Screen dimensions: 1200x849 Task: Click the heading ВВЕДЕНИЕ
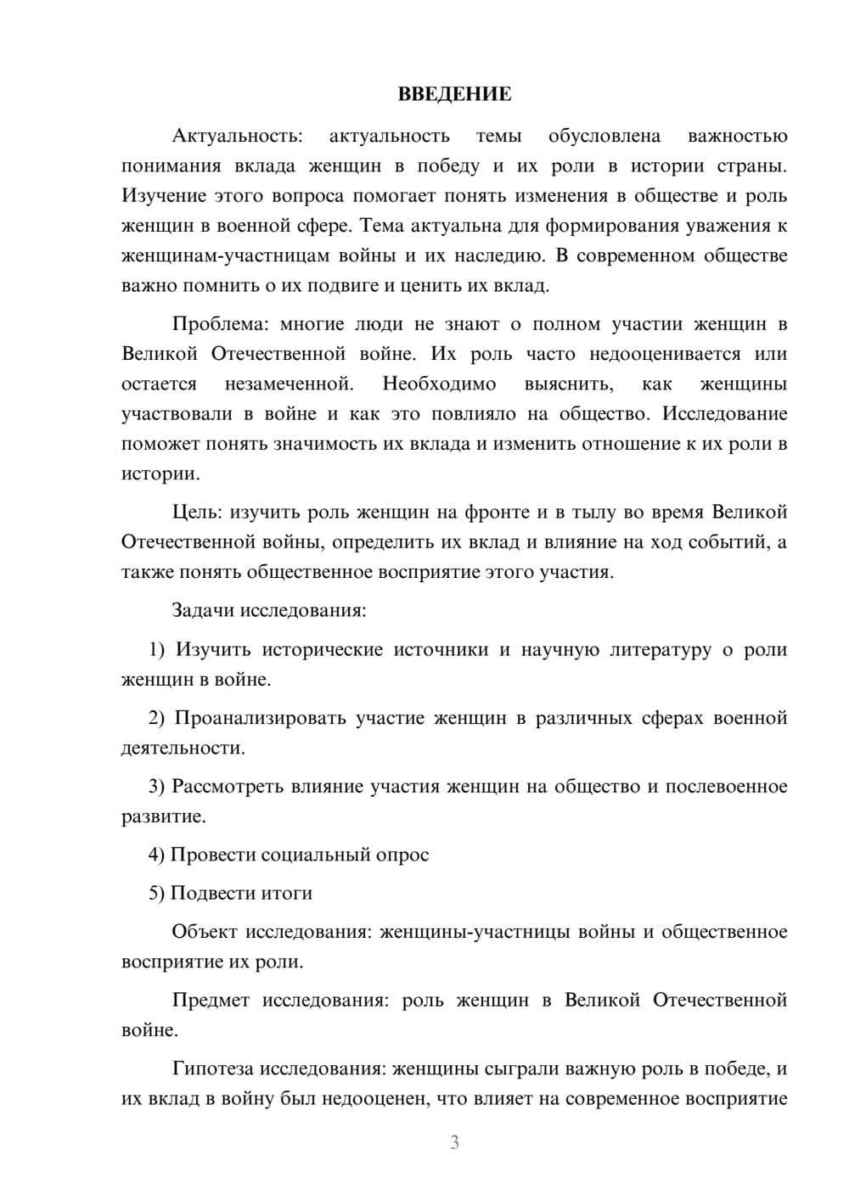tap(454, 94)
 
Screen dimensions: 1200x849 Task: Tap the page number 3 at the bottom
tap(454, 1142)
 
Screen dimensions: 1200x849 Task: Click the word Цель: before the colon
tap(199, 512)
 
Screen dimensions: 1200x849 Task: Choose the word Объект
tap(205, 932)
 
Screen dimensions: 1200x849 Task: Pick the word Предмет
tap(211, 1000)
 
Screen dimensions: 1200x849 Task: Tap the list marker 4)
tap(157, 855)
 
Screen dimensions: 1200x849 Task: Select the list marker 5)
tap(157, 893)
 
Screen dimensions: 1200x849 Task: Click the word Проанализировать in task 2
tap(259, 718)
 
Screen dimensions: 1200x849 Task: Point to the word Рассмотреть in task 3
tap(227, 786)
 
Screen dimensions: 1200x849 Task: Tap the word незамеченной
tap(290, 384)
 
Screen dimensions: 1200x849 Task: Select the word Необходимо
tap(439, 384)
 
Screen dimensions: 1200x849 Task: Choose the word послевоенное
tap(726, 786)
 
